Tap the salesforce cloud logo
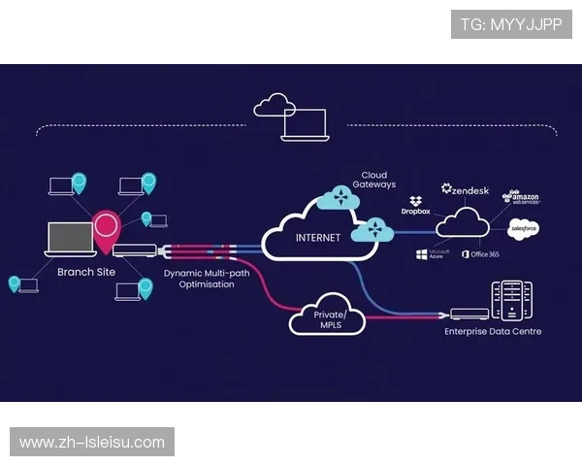click(x=524, y=229)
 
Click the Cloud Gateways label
click(x=373, y=180)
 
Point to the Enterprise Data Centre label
click(x=493, y=332)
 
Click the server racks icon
click(x=512, y=300)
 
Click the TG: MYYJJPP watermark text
click(x=511, y=24)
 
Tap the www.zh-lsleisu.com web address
click(x=92, y=443)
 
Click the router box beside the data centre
click(x=469, y=315)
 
